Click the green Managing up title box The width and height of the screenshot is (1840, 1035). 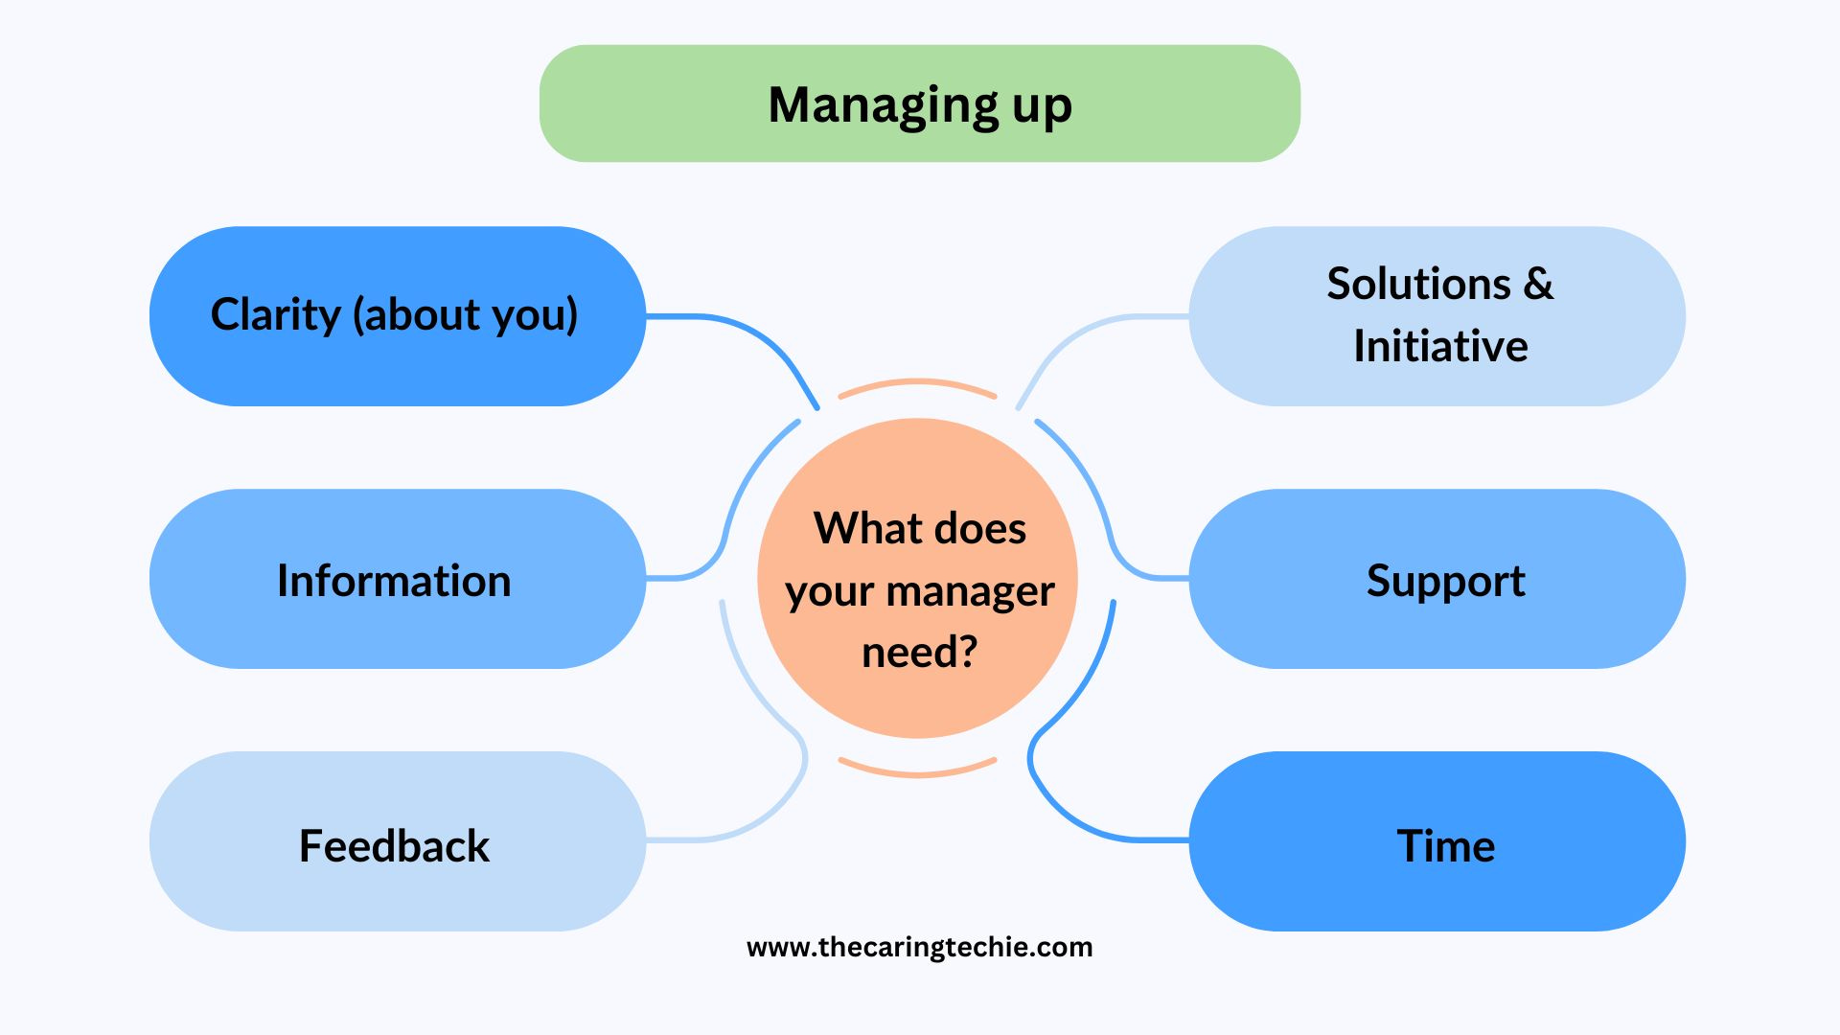(x=920, y=103)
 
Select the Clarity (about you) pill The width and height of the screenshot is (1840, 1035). (x=398, y=316)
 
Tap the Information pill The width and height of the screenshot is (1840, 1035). (x=398, y=579)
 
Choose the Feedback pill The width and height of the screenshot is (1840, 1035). (x=398, y=841)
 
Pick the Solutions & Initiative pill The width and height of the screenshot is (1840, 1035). (x=1437, y=316)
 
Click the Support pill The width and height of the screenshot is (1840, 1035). (x=1437, y=579)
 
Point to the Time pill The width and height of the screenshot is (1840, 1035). (x=1437, y=841)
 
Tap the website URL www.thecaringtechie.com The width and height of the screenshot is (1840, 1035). (x=920, y=947)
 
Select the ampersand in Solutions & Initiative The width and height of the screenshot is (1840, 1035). (x=1537, y=284)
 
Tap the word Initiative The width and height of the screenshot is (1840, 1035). (x=1440, y=346)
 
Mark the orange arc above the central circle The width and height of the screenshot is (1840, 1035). (x=918, y=382)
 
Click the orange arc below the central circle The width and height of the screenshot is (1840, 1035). (x=918, y=772)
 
